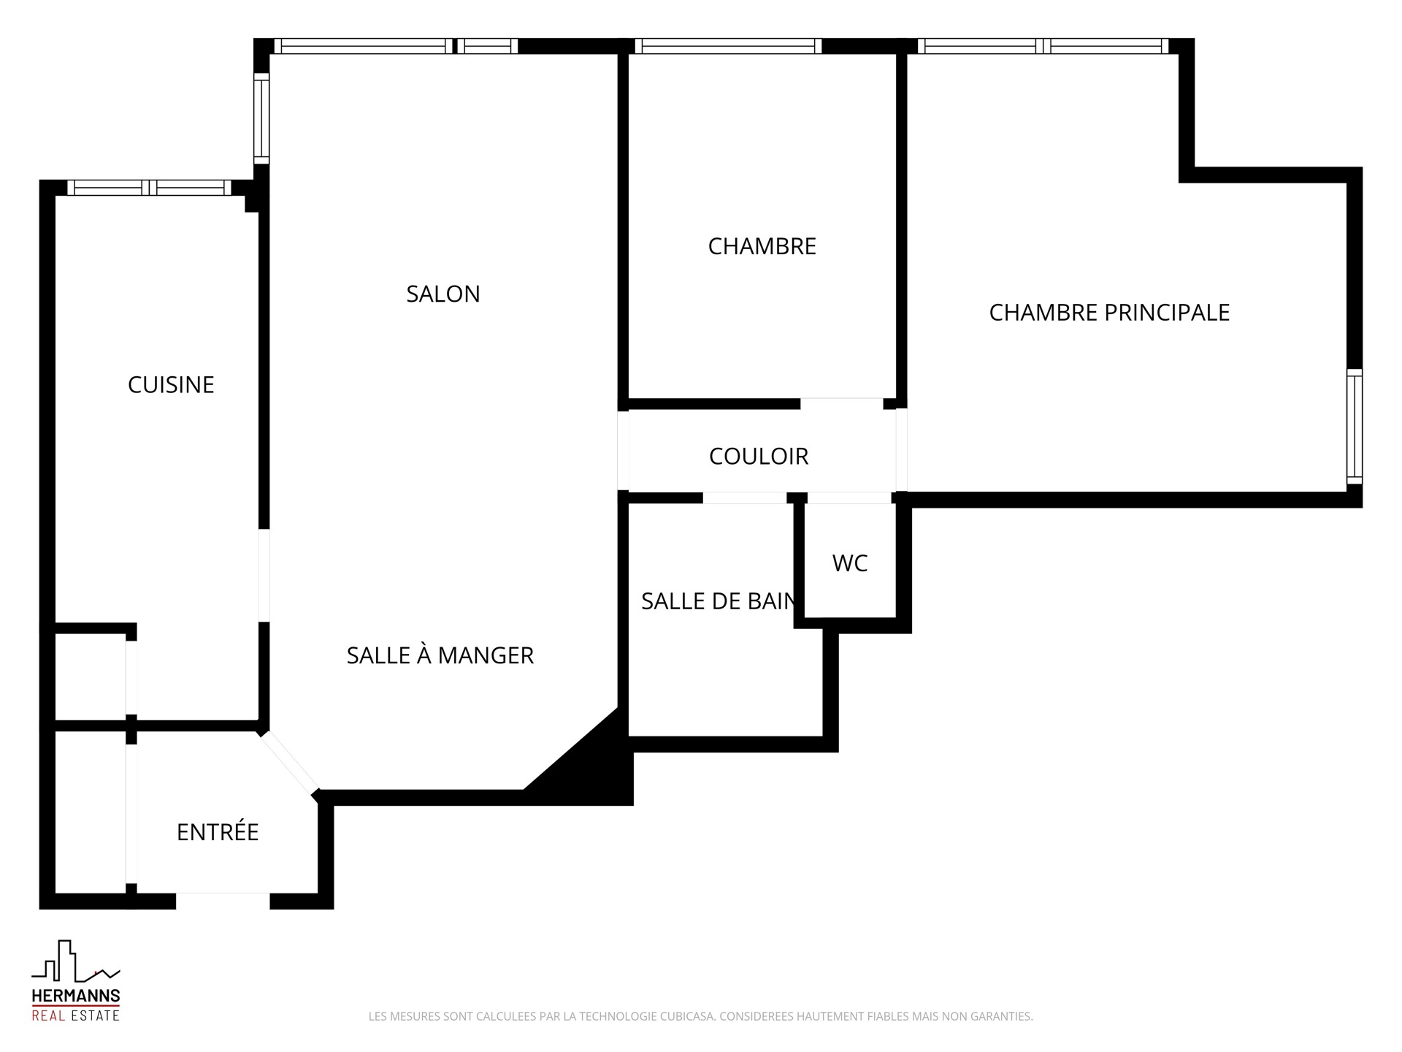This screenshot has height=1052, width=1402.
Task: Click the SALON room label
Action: point(443,294)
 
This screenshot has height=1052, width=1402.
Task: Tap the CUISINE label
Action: point(171,384)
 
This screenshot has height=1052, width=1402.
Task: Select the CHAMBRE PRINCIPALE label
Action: point(1109,313)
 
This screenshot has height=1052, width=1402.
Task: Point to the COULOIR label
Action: point(759,456)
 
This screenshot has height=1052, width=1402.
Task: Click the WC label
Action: point(850,563)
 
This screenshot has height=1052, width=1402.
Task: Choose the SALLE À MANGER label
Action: point(440,655)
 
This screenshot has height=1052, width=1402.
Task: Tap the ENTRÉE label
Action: point(218,831)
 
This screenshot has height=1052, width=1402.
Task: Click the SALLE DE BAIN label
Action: point(719,601)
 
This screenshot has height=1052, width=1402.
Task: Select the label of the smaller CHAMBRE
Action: point(762,246)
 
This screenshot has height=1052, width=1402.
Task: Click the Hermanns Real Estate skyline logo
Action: point(75,961)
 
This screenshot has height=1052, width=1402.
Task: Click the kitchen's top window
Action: point(150,188)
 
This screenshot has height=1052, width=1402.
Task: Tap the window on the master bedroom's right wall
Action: point(1355,427)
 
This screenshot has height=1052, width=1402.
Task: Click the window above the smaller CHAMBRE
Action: point(728,46)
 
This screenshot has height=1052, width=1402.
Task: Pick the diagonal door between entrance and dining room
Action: point(290,763)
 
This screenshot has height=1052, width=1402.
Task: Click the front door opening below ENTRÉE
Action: point(223,901)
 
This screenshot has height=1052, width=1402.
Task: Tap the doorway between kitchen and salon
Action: point(264,575)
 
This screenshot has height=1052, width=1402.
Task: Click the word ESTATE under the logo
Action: point(93,1015)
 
